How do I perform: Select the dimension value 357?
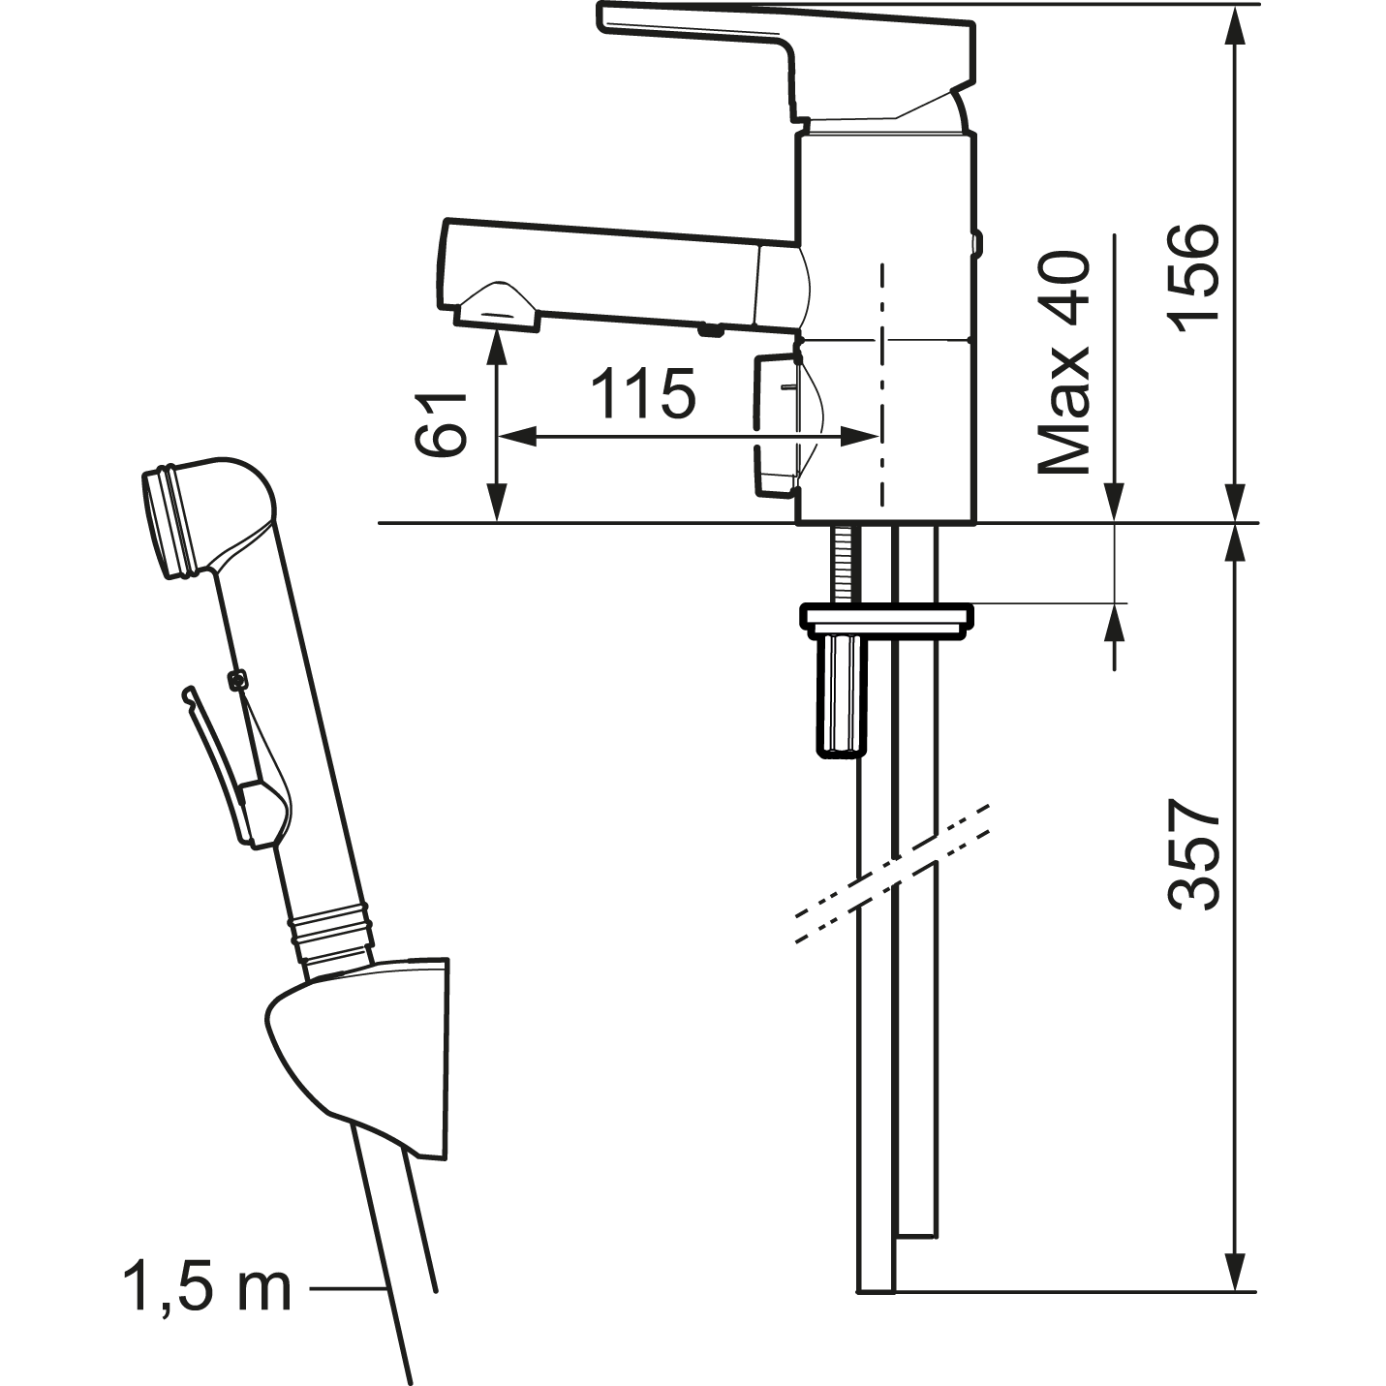[x=1195, y=854]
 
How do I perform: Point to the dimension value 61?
[x=440, y=424]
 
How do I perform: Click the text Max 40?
[x=1064, y=362]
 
